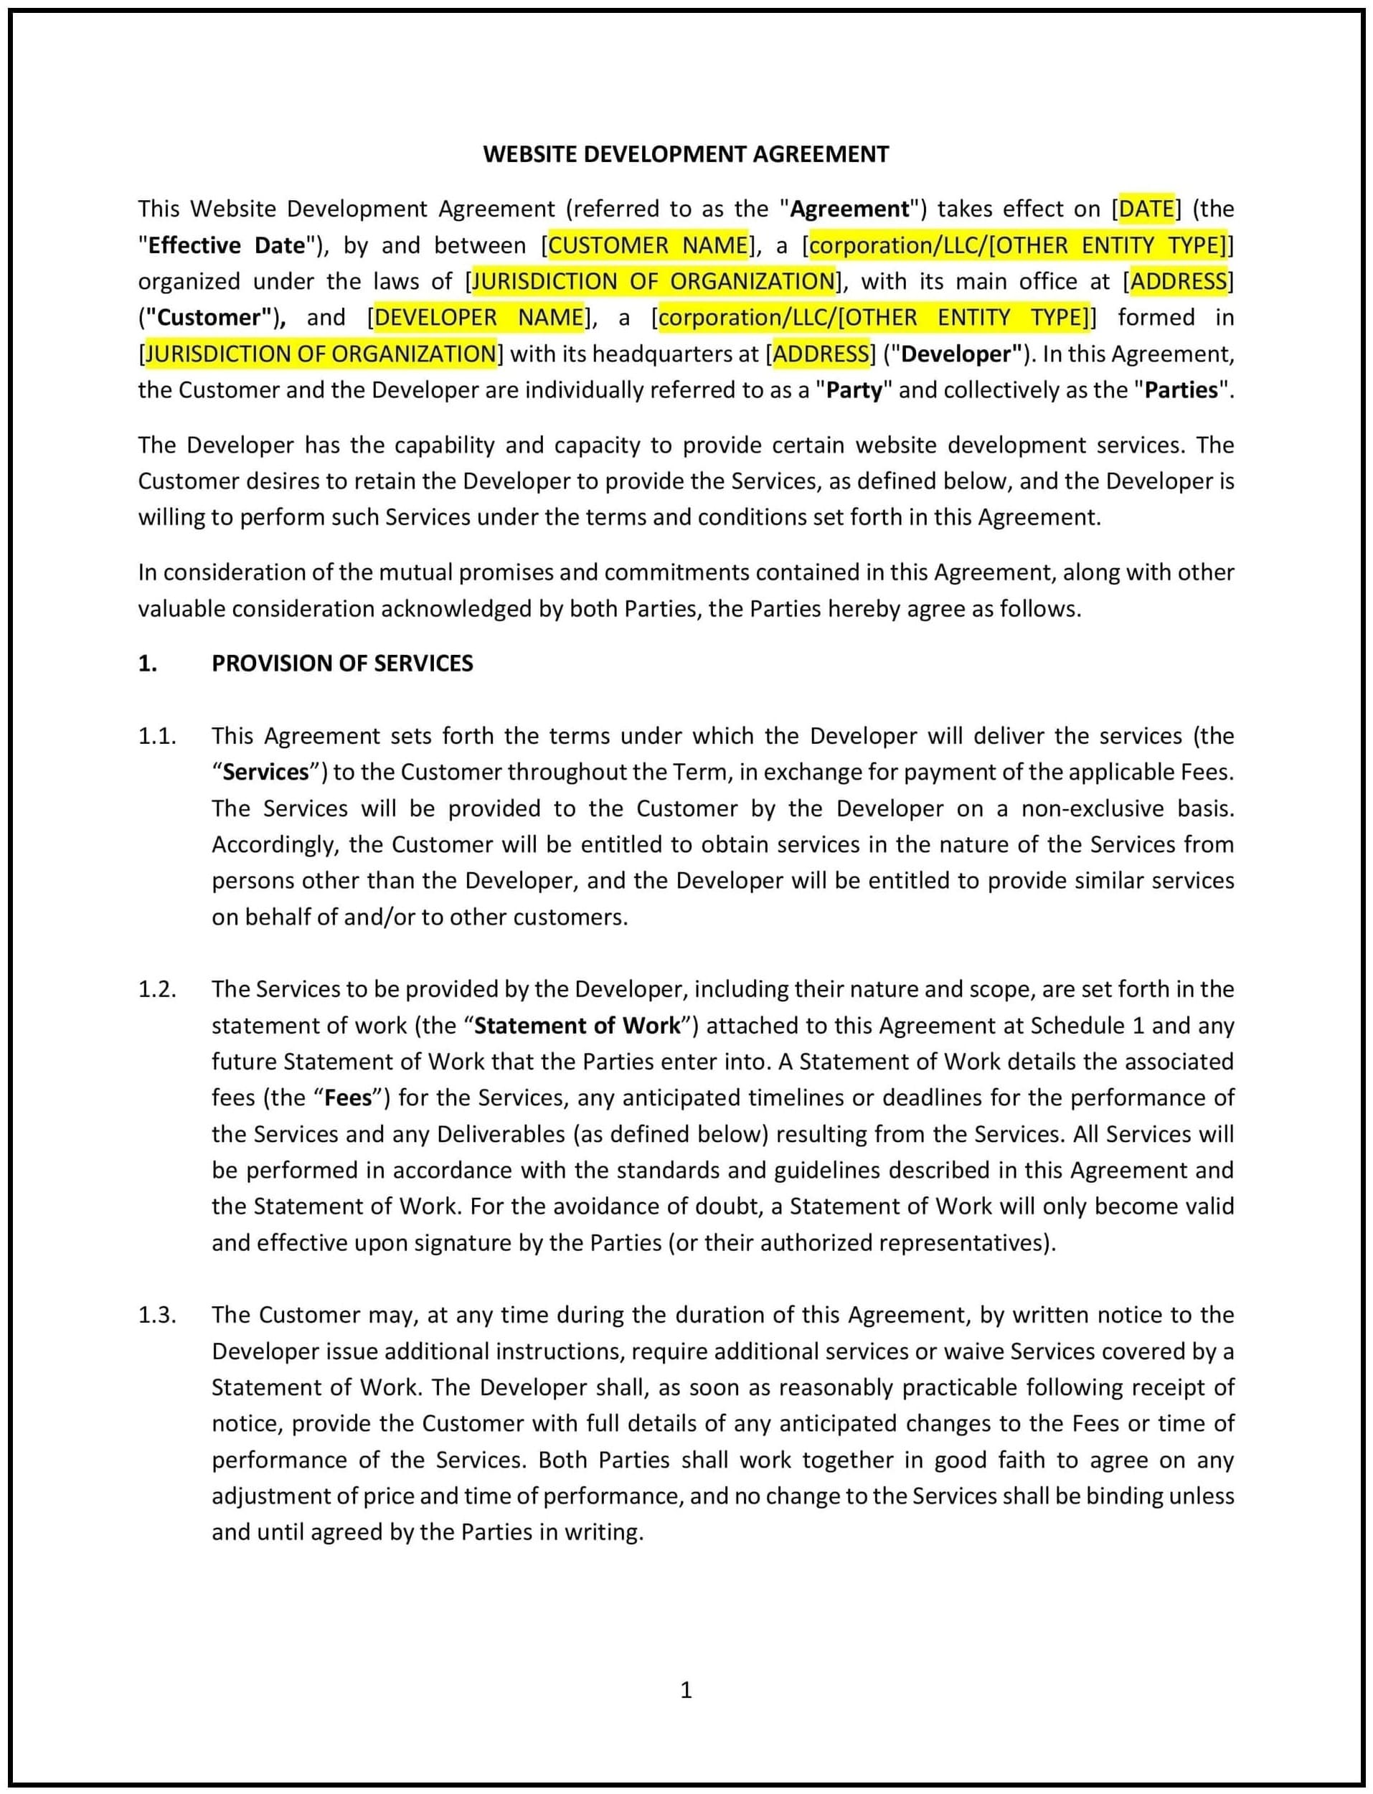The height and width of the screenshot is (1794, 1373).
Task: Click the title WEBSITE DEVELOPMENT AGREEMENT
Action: [686, 154]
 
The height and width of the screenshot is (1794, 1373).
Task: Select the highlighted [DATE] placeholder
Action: [1146, 209]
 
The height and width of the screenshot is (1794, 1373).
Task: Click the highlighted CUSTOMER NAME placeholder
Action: [648, 245]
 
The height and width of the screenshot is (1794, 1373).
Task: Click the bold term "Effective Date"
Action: [227, 245]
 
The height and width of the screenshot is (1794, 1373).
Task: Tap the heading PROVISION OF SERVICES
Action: [341, 663]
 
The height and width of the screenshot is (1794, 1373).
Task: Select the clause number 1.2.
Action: [157, 989]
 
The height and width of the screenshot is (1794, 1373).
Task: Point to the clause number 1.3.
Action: [157, 1314]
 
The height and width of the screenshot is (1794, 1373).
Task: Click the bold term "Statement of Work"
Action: [577, 1026]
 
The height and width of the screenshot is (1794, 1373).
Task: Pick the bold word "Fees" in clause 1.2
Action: [348, 1097]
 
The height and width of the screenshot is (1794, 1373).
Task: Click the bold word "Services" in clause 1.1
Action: [265, 773]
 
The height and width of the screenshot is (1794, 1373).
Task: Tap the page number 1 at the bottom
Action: [686, 1690]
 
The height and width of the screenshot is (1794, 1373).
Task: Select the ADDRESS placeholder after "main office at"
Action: [1179, 281]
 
